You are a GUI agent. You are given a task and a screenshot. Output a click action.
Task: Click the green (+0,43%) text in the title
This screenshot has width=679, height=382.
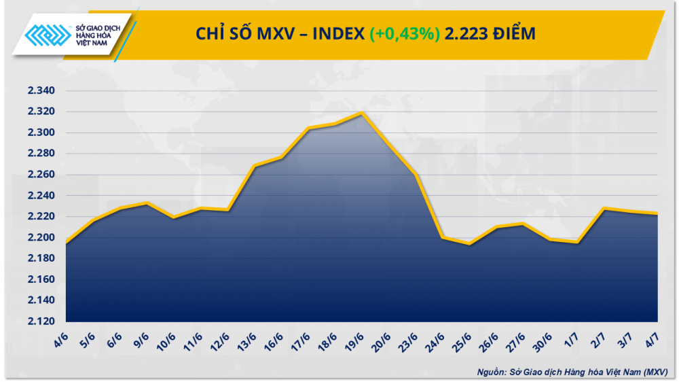(404, 33)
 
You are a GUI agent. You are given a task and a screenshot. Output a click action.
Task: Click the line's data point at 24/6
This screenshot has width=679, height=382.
(443, 237)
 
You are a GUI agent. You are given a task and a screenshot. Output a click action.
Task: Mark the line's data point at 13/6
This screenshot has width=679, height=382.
(254, 166)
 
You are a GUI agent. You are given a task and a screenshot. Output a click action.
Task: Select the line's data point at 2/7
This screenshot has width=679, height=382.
(604, 209)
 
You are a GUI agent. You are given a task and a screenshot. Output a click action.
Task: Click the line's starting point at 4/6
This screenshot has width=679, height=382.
(66, 243)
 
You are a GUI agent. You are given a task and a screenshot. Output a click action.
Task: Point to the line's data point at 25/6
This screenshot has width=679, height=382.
(470, 243)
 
